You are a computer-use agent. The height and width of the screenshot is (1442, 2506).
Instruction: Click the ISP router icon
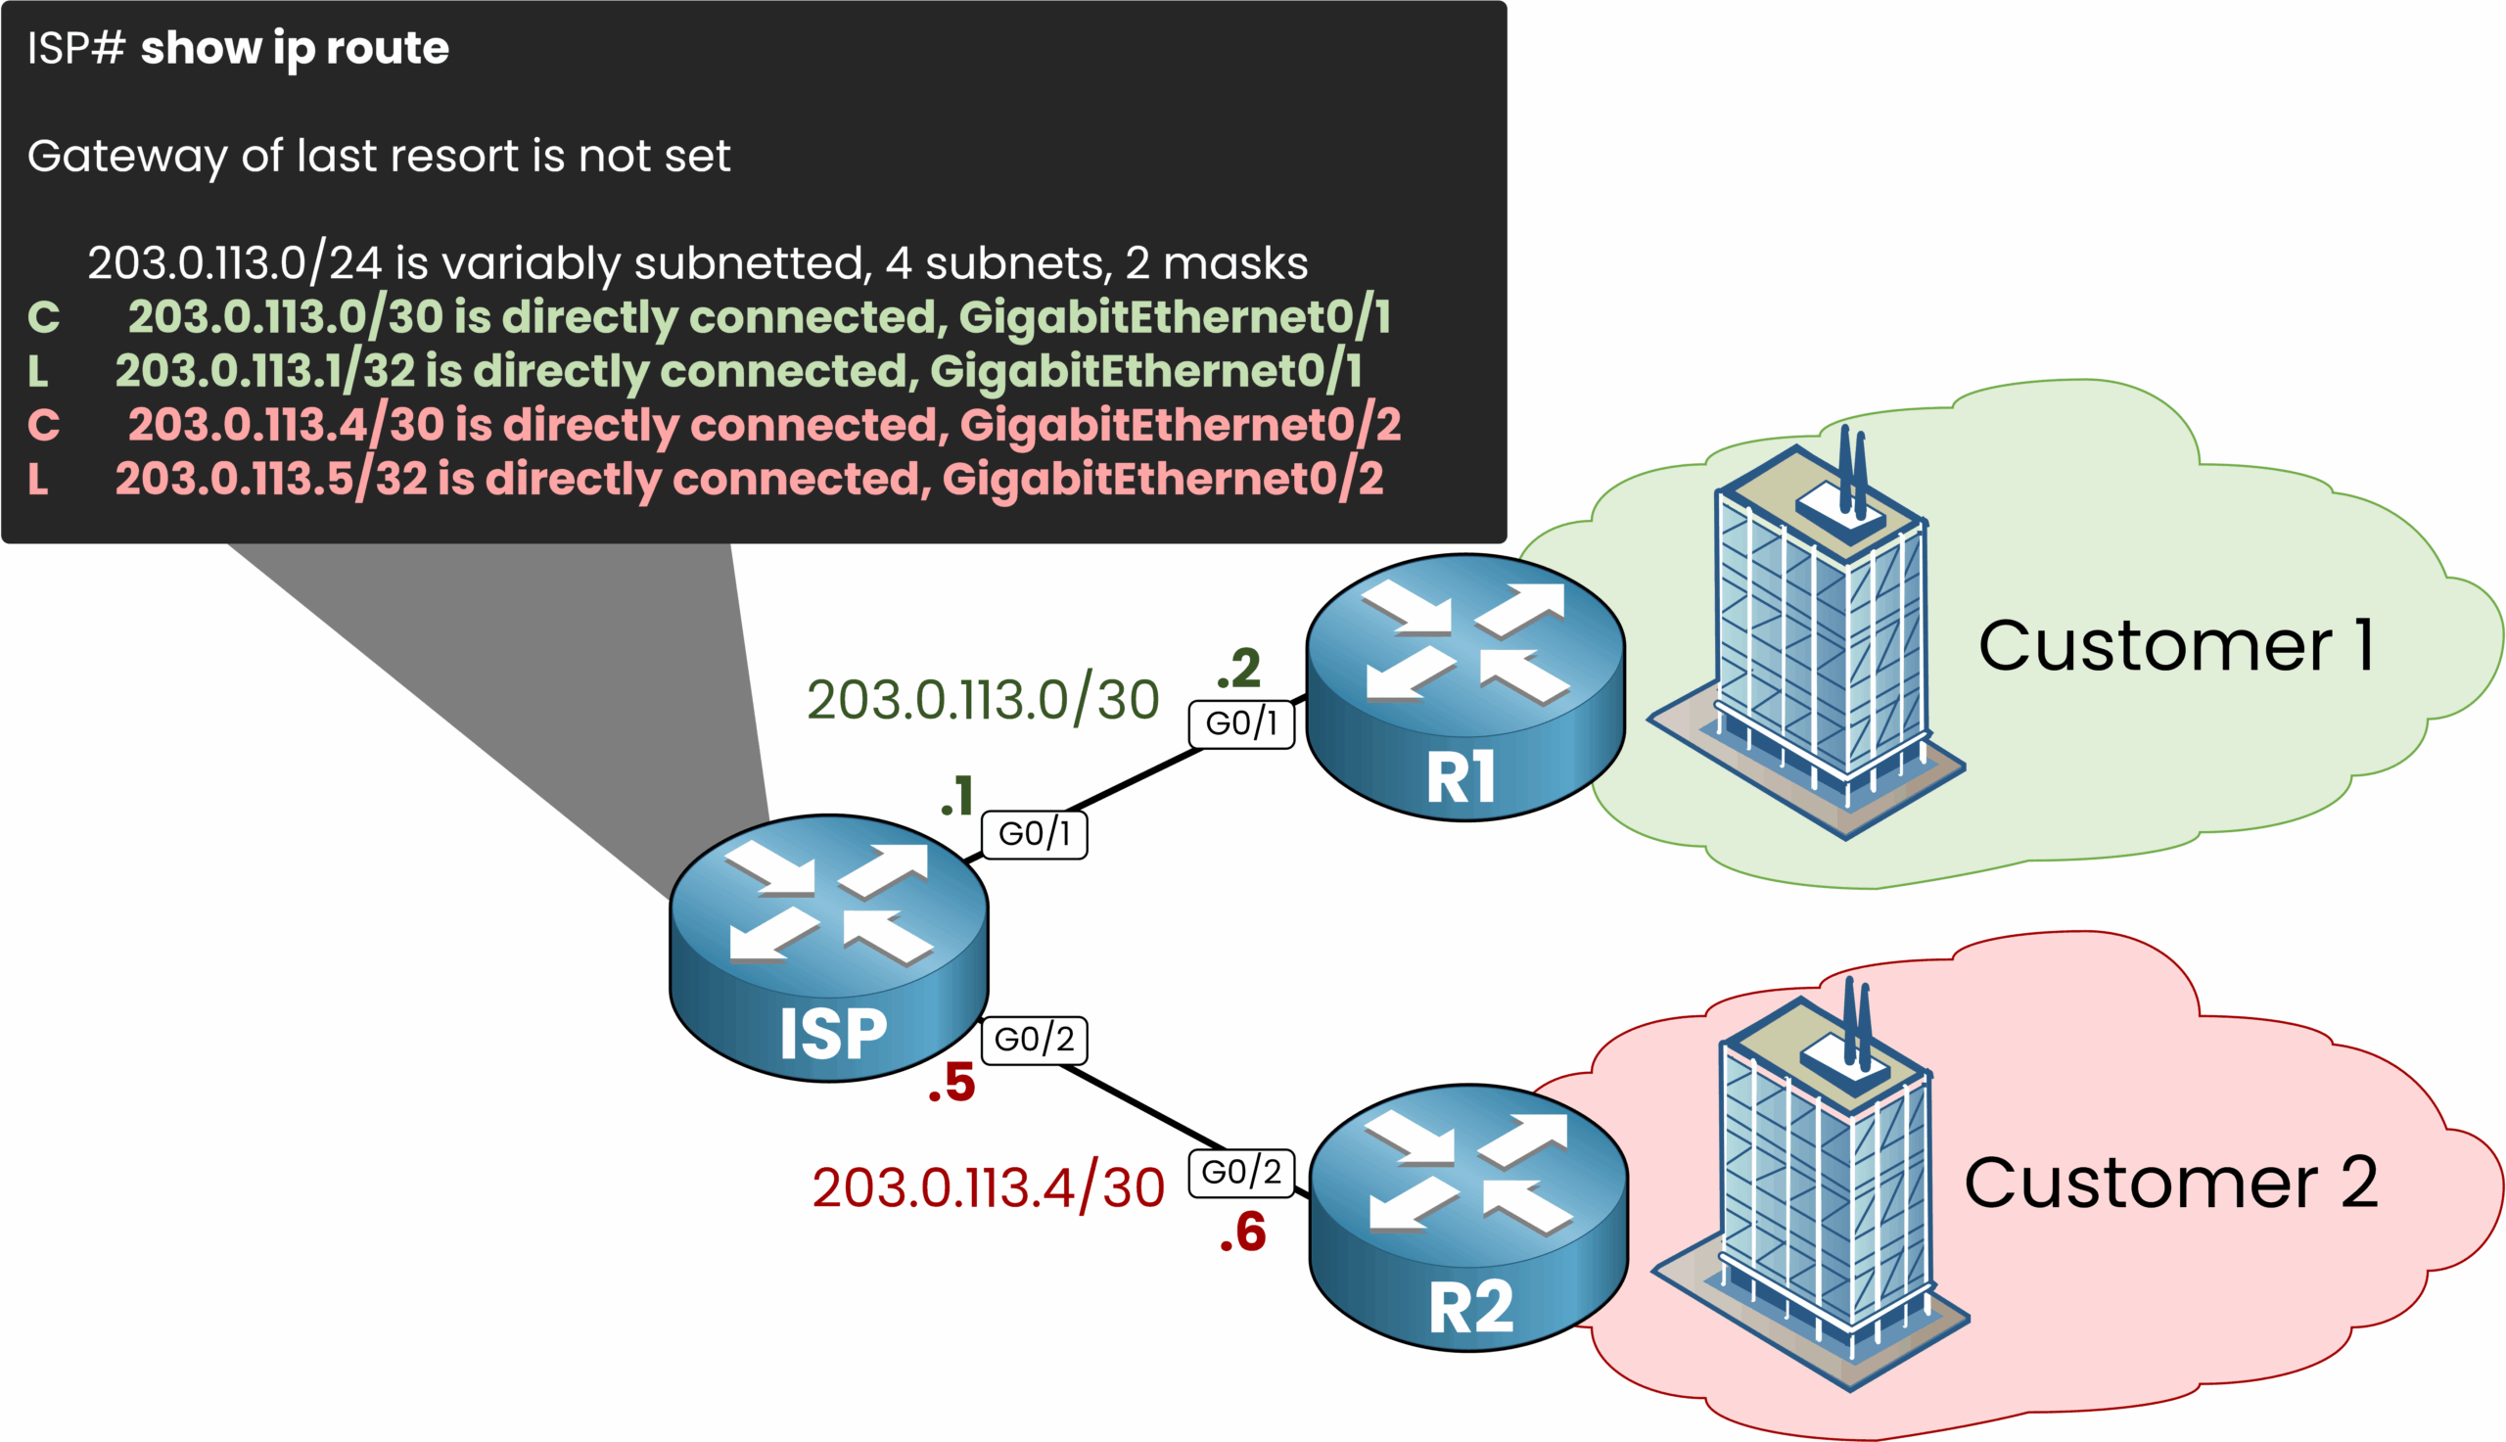click(x=829, y=948)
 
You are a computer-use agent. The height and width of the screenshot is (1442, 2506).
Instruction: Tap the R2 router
click(x=1468, y=1217)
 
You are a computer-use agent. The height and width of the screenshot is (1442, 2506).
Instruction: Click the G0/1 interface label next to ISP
click(x=1034, y=834)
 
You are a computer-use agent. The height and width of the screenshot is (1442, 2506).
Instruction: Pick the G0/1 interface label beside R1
click(x=1240, y=724)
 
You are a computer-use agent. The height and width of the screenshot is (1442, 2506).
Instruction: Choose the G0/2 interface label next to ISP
click(x=1034, y=1040)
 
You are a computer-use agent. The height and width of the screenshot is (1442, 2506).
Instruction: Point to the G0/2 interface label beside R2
click(x=1240, y=1173)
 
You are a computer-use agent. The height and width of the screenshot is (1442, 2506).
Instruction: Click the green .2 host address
click(x=1238, y=669)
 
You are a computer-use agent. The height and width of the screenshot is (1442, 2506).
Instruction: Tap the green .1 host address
click(x=957, y=796)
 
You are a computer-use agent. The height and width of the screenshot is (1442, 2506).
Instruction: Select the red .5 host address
click(x=951, y=1083)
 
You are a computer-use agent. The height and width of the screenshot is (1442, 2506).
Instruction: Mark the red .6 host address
click(x=1242, y=1233)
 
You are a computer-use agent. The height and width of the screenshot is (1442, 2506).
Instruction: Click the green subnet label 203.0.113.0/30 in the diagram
click(x=982, y=700)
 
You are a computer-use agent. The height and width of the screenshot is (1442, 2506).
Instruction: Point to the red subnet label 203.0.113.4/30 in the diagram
click(x=988, y=1188)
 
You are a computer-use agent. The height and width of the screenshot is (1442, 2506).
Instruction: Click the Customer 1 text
click(x=2175, y=646)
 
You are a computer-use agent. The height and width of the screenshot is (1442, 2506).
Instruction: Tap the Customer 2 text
click(x=2170, y=1183)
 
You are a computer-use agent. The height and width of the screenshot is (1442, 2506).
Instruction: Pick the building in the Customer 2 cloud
click(x=1817, y=1188)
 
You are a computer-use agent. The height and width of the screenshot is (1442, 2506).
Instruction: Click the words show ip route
click(x=294, y=49)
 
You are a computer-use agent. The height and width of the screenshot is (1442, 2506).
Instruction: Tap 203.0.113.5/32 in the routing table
click(x=270, y=480)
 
